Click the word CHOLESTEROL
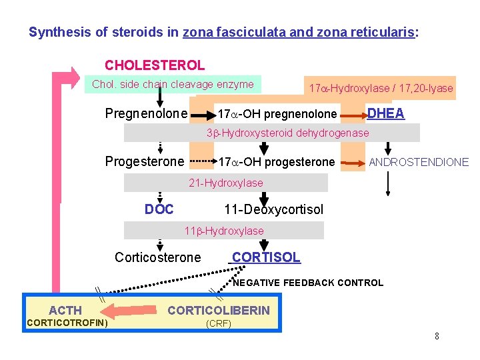(x=155, y=65)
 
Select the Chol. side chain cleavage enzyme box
(x=173, y=85)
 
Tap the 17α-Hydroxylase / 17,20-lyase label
(x=380, y=88)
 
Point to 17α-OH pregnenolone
(x=277, y=115)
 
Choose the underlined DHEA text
(x=386, y=113)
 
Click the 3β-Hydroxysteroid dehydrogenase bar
(x=287, y=133)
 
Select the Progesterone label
(x=144, y=162)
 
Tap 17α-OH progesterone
(x=276, y=163)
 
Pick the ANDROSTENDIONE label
(x=419, y=162)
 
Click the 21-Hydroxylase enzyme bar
(x=226, y=183)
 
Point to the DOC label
(x=159, y=209)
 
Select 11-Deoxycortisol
(x=273, y=210)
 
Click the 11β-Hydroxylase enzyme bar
(x=224, y=231)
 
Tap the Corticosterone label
(x=157, y=257)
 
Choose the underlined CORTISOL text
(x=265, y=257)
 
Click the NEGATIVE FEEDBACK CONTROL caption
(x=308, y=283)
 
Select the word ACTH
(x=65, y=310)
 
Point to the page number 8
(x=437, y=336)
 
